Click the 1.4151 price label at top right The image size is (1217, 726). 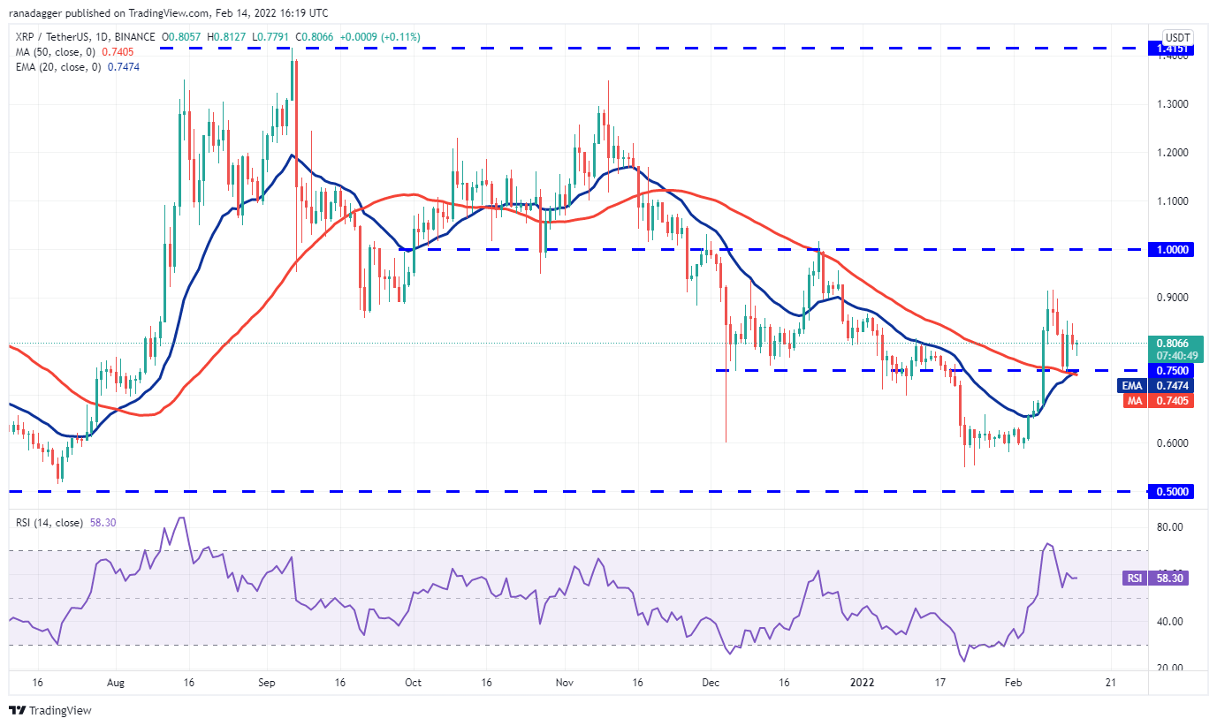1170,49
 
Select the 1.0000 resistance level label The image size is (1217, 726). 1170,250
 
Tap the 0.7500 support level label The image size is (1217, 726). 1170,371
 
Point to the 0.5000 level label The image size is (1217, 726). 1170,491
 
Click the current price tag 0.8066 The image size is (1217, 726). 1170,343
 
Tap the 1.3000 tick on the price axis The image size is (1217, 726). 1168,104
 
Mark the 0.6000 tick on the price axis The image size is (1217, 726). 1168,443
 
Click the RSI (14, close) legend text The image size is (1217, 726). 49,523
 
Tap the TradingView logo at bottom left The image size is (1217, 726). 50,710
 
